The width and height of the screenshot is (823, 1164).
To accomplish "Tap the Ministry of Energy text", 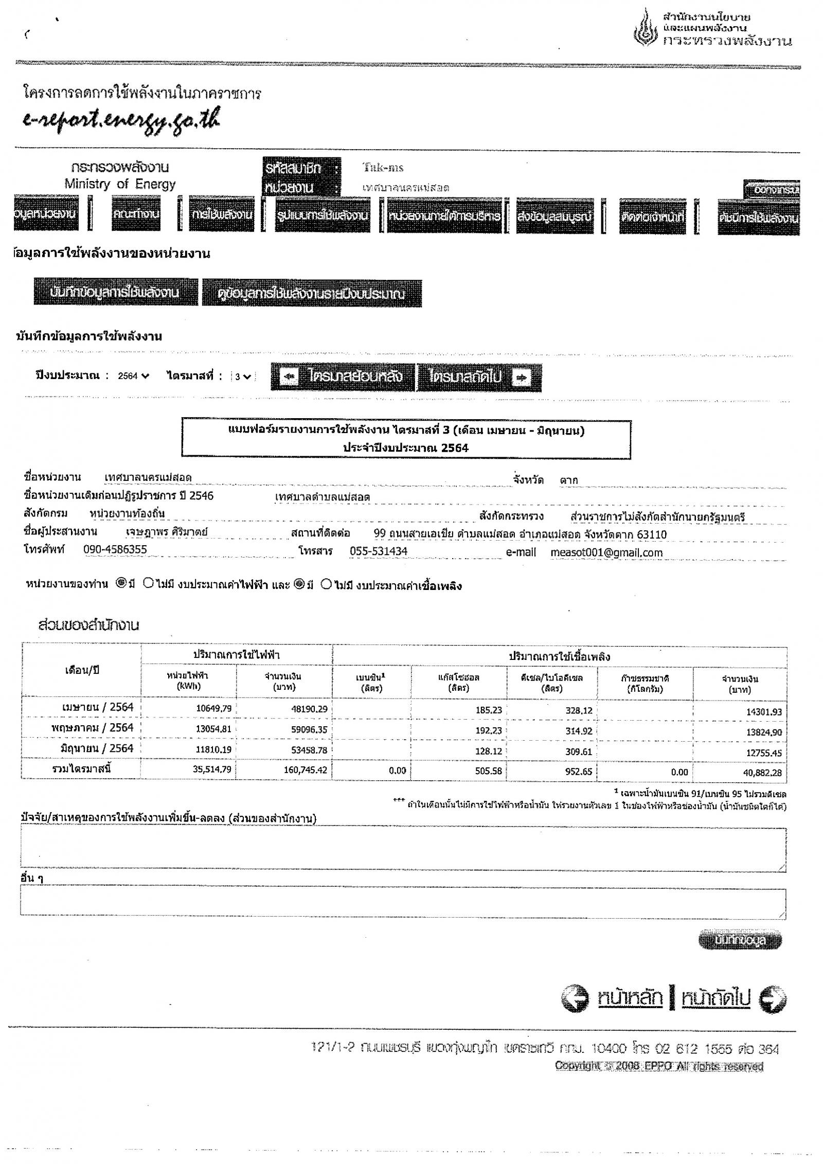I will tap(120, 184).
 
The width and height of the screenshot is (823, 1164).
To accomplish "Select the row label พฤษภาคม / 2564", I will tap(92, 728).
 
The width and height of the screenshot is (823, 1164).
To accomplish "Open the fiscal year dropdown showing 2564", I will tap(133, 376).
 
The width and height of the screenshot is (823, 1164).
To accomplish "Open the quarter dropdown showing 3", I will tap(243, 377).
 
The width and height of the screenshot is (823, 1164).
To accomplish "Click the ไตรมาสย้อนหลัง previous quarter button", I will tap(343, 377).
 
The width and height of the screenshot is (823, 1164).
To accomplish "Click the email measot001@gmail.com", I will tap(606, 552).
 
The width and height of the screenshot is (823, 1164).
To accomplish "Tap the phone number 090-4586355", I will tap(115, 549).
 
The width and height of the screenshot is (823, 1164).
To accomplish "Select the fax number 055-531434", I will tap(378, 551).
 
